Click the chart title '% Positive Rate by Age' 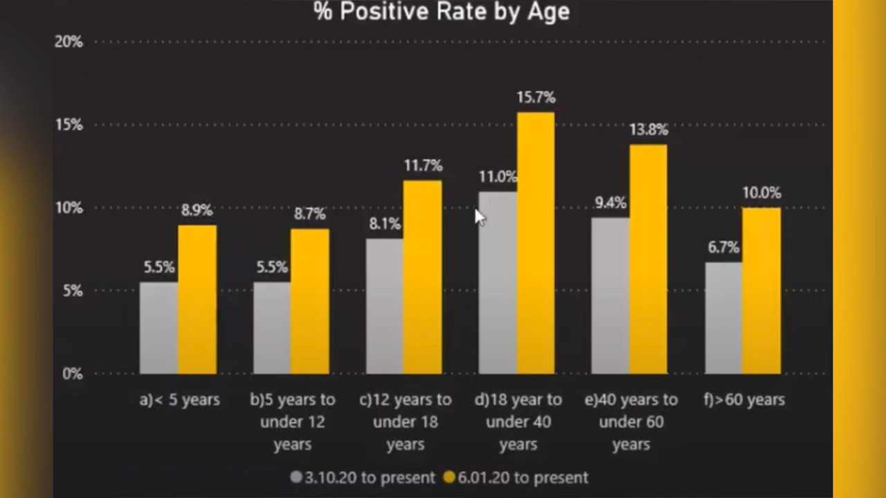click(442, 12)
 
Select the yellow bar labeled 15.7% click(536, 243)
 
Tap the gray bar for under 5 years click(159, 328)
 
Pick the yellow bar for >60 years click(761, 290)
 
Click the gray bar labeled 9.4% click(611, 295)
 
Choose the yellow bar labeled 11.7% click(422, 277)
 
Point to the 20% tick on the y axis click(69, 41)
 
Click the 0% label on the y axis click(73, 373)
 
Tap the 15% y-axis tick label click(69, 125)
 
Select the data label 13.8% click(649, 129)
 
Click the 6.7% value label click(723, 248)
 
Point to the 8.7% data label click(309, 214)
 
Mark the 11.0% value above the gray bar click(498, 176)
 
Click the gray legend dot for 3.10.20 click(296, 477)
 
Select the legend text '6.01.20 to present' click(523, 478)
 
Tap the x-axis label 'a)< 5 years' click(179, 400)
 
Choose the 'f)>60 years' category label click(744, 400)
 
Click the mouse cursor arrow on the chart click(480, 217)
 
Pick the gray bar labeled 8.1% click(384, 306)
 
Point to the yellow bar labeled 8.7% click(309, 301)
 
